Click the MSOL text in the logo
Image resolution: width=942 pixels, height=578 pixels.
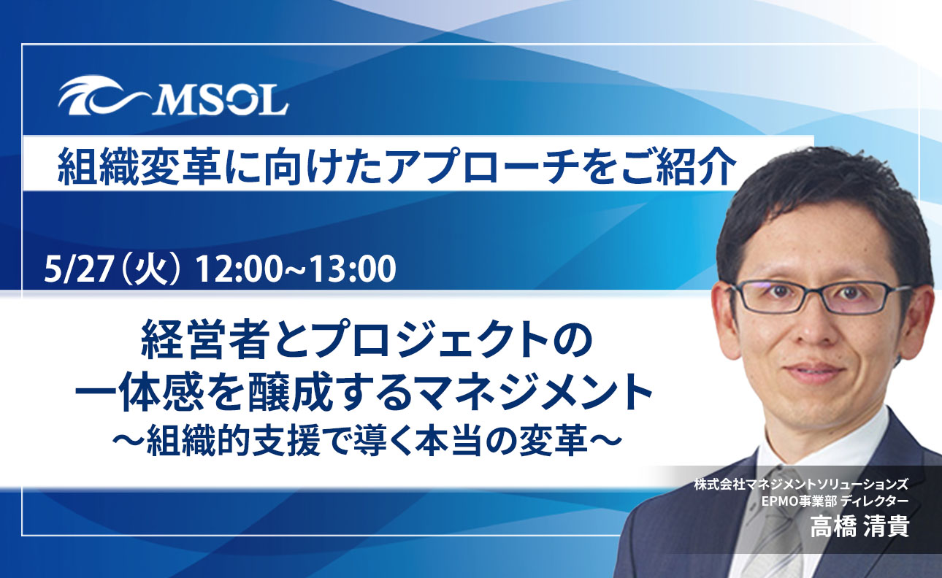220,101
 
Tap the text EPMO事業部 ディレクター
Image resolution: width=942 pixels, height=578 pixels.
835,501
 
